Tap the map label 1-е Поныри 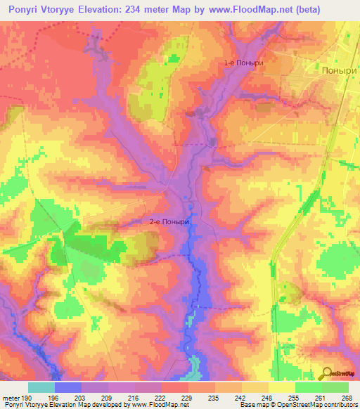click(243, 63)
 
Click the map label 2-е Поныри click(170, 222)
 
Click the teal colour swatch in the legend click(41, 387)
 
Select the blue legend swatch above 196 click(68, 387)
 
